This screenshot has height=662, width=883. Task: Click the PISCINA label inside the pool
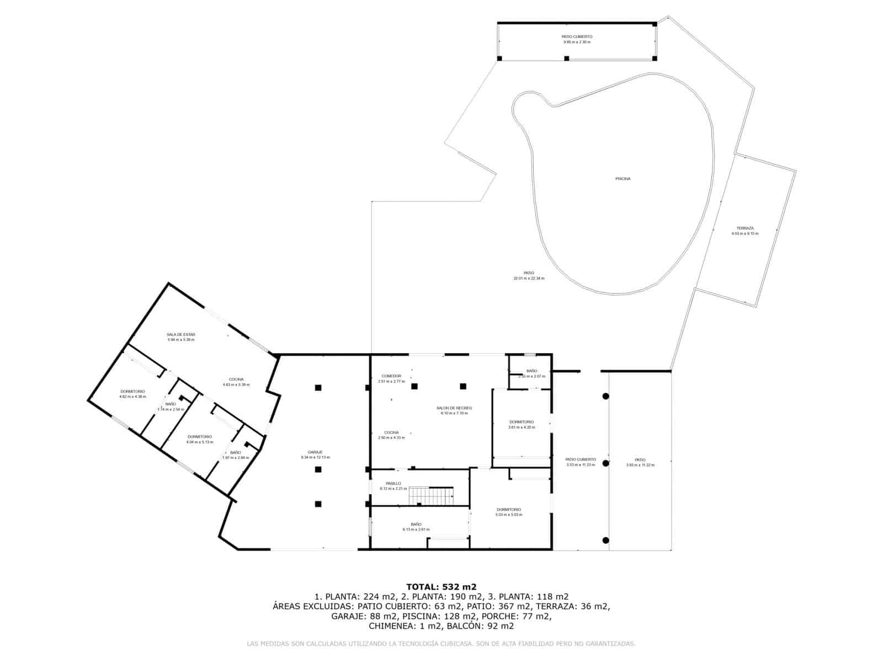623,179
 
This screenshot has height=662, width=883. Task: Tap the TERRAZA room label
744,228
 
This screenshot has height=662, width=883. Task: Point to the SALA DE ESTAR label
181,334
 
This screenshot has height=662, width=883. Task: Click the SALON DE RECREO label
456,408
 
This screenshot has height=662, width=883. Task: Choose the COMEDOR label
391,376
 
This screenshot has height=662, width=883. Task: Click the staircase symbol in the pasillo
431,495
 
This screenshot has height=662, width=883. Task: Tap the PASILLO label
393,483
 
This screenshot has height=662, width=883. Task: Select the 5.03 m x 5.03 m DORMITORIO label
508,509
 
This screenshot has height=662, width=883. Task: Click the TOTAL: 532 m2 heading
441,586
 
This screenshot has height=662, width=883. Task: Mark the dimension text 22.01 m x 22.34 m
529,278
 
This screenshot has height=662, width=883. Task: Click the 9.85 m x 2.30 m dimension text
577,42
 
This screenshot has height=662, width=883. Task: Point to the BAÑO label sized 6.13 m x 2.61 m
416,524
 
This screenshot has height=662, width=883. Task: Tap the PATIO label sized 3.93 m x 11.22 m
640,460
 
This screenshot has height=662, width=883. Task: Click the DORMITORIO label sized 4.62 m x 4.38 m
132,391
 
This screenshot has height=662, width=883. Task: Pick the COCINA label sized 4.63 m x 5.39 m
236,379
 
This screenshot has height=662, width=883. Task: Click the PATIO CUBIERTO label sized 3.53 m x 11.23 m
581,459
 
